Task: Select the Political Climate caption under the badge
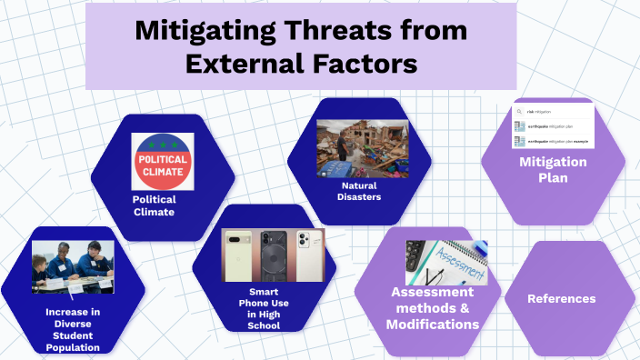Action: pyautogui.click(x=154, y=205)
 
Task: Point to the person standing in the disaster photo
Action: pyautogui.click(x=341, y=147)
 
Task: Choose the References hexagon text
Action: pyautogui.click(x=562, y=298)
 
